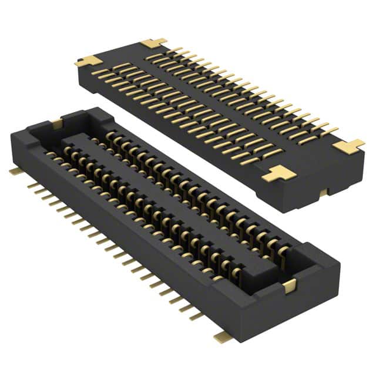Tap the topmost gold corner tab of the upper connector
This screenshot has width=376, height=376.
[x=154, y=43]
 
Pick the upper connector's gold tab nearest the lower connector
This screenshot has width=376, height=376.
[x=276, y=173]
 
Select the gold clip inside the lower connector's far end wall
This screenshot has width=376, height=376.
[x=56, y=123]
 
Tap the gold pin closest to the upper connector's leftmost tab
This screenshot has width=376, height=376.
[x=100, y=72]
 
